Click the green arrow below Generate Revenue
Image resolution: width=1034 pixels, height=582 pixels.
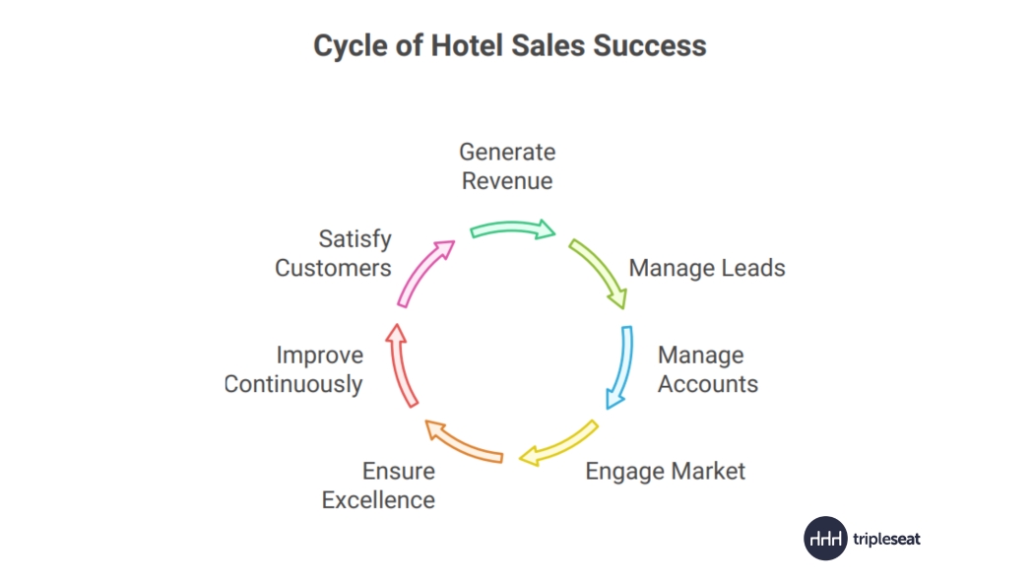(x=513, y=228)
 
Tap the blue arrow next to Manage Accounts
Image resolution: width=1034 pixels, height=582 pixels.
(x=622, y=367)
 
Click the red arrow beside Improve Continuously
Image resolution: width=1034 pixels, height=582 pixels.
(x=400, y=365)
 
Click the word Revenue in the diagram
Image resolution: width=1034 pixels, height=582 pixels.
(x=507, y=180)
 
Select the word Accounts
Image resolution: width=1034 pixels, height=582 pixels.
(x=708, y=384)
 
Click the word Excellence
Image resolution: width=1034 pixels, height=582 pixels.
(x=378, y=499)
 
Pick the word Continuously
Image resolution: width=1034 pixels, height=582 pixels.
(x=293, y=384)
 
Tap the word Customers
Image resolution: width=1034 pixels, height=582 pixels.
(x=333, y=268)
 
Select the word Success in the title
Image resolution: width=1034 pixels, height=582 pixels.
(x=649, y=45)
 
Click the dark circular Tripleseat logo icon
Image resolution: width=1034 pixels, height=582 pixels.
(x=825, y=539)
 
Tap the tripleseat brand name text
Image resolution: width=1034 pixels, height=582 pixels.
(x=886, y=539)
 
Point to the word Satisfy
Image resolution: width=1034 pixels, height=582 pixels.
(x=355, y=239)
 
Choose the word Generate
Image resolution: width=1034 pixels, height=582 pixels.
(x=507, y=152)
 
